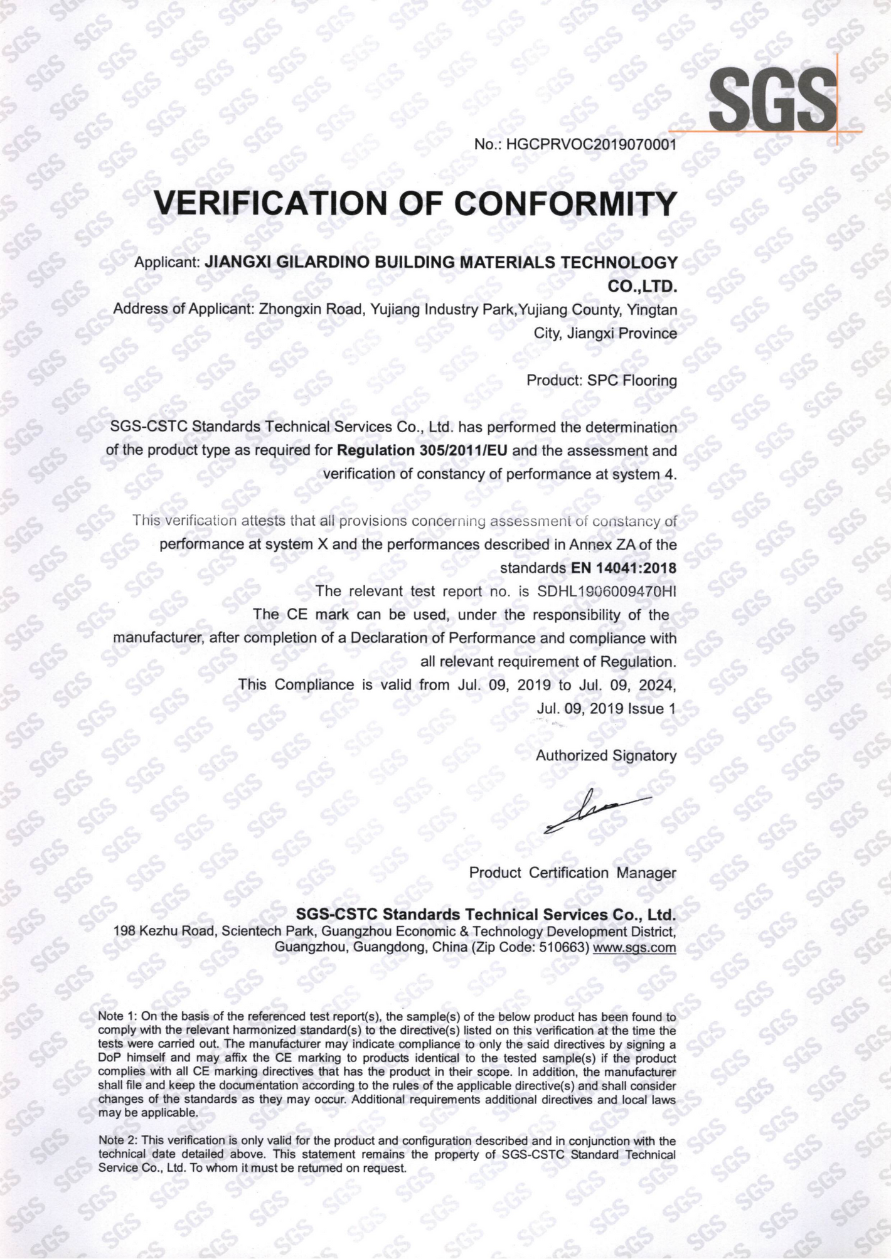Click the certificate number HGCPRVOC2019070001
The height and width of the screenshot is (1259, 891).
click(591, 145)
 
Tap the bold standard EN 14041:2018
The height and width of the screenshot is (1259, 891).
click(624, 568)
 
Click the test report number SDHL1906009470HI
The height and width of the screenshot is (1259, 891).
click(607, 591)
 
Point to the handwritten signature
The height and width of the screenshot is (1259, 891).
click(596, 811)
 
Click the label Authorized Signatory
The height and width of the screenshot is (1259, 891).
click(606, 756)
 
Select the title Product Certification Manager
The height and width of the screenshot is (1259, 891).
click(572, 873)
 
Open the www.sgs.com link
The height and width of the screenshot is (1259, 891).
click(634, 947)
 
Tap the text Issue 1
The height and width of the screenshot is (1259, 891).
click(651, 708)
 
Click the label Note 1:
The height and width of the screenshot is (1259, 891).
click(117, 1016)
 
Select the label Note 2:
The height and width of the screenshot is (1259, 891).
click(117, 1140)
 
